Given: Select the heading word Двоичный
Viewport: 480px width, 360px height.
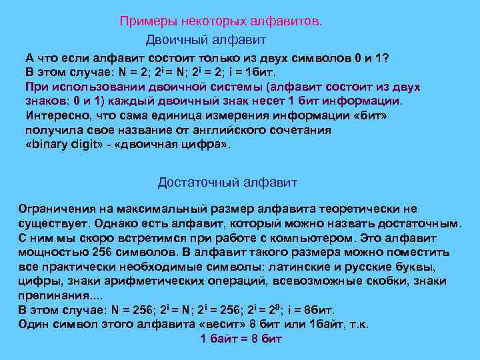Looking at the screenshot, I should coord(173,41).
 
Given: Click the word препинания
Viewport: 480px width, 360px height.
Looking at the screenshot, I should coord(49,296).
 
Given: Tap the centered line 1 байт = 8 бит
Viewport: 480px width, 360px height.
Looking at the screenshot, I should coord(241,339).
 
